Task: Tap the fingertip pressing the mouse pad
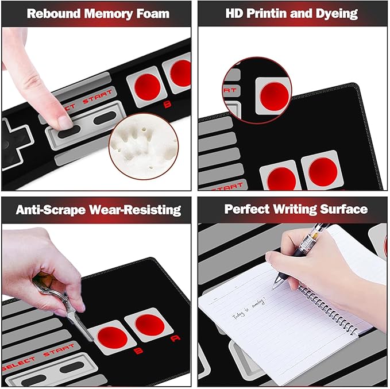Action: (x=64, y=120)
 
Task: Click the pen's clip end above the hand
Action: (x=321, y=229)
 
